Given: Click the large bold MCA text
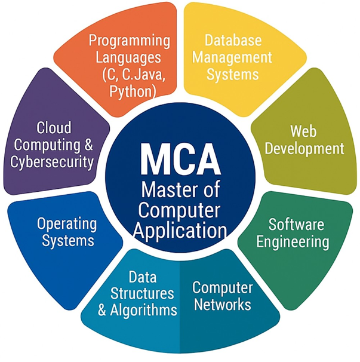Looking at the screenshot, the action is [x=180, y=159].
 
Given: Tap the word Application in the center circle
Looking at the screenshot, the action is [x=180, y=231].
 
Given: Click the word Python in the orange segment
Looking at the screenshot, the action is [x=132, y=91].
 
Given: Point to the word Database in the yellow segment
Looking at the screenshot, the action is [x=233, y=40].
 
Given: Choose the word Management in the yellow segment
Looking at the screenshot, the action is [x=232, y=58].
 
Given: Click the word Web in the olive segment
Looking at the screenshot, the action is [x=303, y=131].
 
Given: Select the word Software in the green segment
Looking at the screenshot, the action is [x=296, y=224].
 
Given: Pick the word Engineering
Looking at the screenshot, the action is [x=293, y=243].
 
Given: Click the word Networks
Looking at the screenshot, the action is [x=223, y=304].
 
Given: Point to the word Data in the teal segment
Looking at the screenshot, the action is [x=143, y=277].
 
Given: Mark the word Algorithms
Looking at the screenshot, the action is [x=143, y=310].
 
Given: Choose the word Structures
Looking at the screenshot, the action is [x=142, y=293].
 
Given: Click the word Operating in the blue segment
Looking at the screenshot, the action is [x=67, y=225].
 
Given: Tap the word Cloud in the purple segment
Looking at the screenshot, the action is [x=54, y=127].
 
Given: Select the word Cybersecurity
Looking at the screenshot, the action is [x=52, y=162].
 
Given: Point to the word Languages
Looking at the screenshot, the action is [x=128, y=58].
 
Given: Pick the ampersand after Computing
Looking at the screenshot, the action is [x=88, y=145].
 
